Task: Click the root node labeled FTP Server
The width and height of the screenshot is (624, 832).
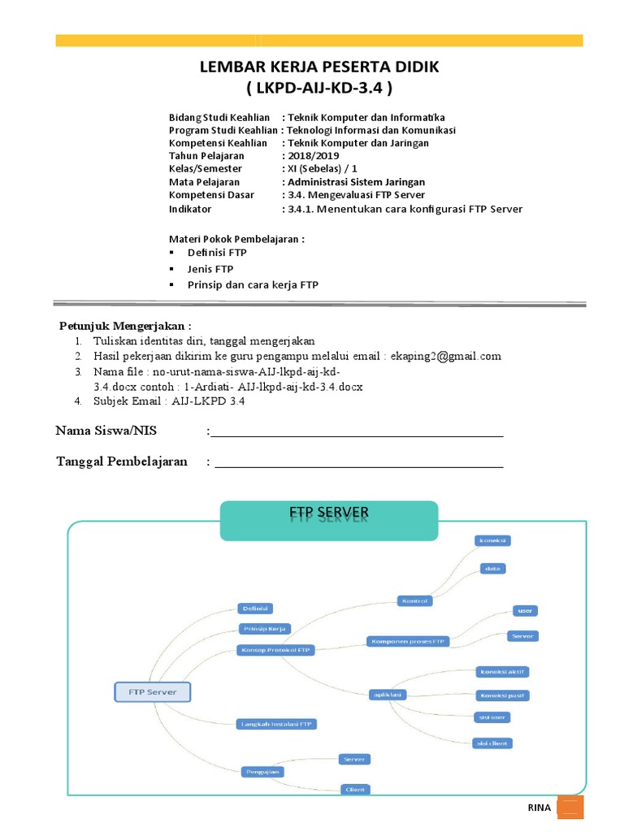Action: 153,692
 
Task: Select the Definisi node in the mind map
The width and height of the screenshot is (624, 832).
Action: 255,608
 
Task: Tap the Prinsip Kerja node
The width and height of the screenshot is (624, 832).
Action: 264,628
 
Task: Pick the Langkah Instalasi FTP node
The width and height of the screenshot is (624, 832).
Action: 276,723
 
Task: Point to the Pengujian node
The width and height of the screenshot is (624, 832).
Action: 262,771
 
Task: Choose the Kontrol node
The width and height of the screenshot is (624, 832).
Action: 414,600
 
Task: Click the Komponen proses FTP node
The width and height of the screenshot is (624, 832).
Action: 408,641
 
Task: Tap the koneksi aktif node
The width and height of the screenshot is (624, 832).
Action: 503,672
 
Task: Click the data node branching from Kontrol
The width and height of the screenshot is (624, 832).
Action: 492,568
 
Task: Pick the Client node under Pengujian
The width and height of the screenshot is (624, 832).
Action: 354,789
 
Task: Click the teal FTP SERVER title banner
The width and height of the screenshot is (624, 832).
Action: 329,520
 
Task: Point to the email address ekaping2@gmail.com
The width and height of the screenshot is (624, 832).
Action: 446,356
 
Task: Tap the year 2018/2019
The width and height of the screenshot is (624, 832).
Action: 313,156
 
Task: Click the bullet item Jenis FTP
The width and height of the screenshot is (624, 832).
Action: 210,269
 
